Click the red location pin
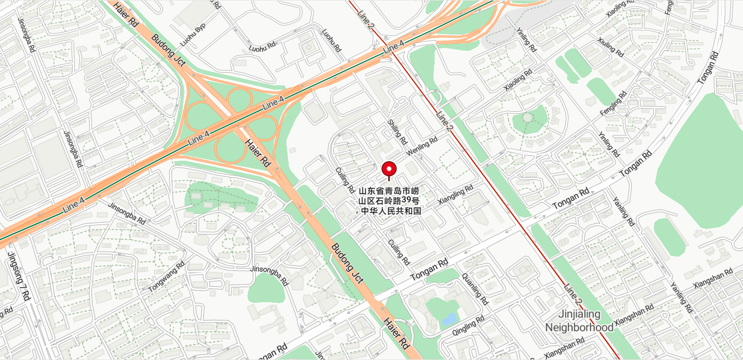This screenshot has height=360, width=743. click(x=389, y=169)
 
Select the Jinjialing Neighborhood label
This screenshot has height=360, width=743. click(x=579, y=321)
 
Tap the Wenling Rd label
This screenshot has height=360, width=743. click(x=421, y=145)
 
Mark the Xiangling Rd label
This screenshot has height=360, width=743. click(x=455, y=195)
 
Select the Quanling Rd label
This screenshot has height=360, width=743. click(x=475, y=288)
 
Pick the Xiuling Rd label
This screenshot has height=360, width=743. click(x=610, y=48)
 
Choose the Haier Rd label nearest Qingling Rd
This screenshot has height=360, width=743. click(x=396, y=334)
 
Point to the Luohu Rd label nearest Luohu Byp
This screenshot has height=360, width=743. click(x=262, y=48)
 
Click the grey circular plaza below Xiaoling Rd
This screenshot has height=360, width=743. click(x=528, y=117)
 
